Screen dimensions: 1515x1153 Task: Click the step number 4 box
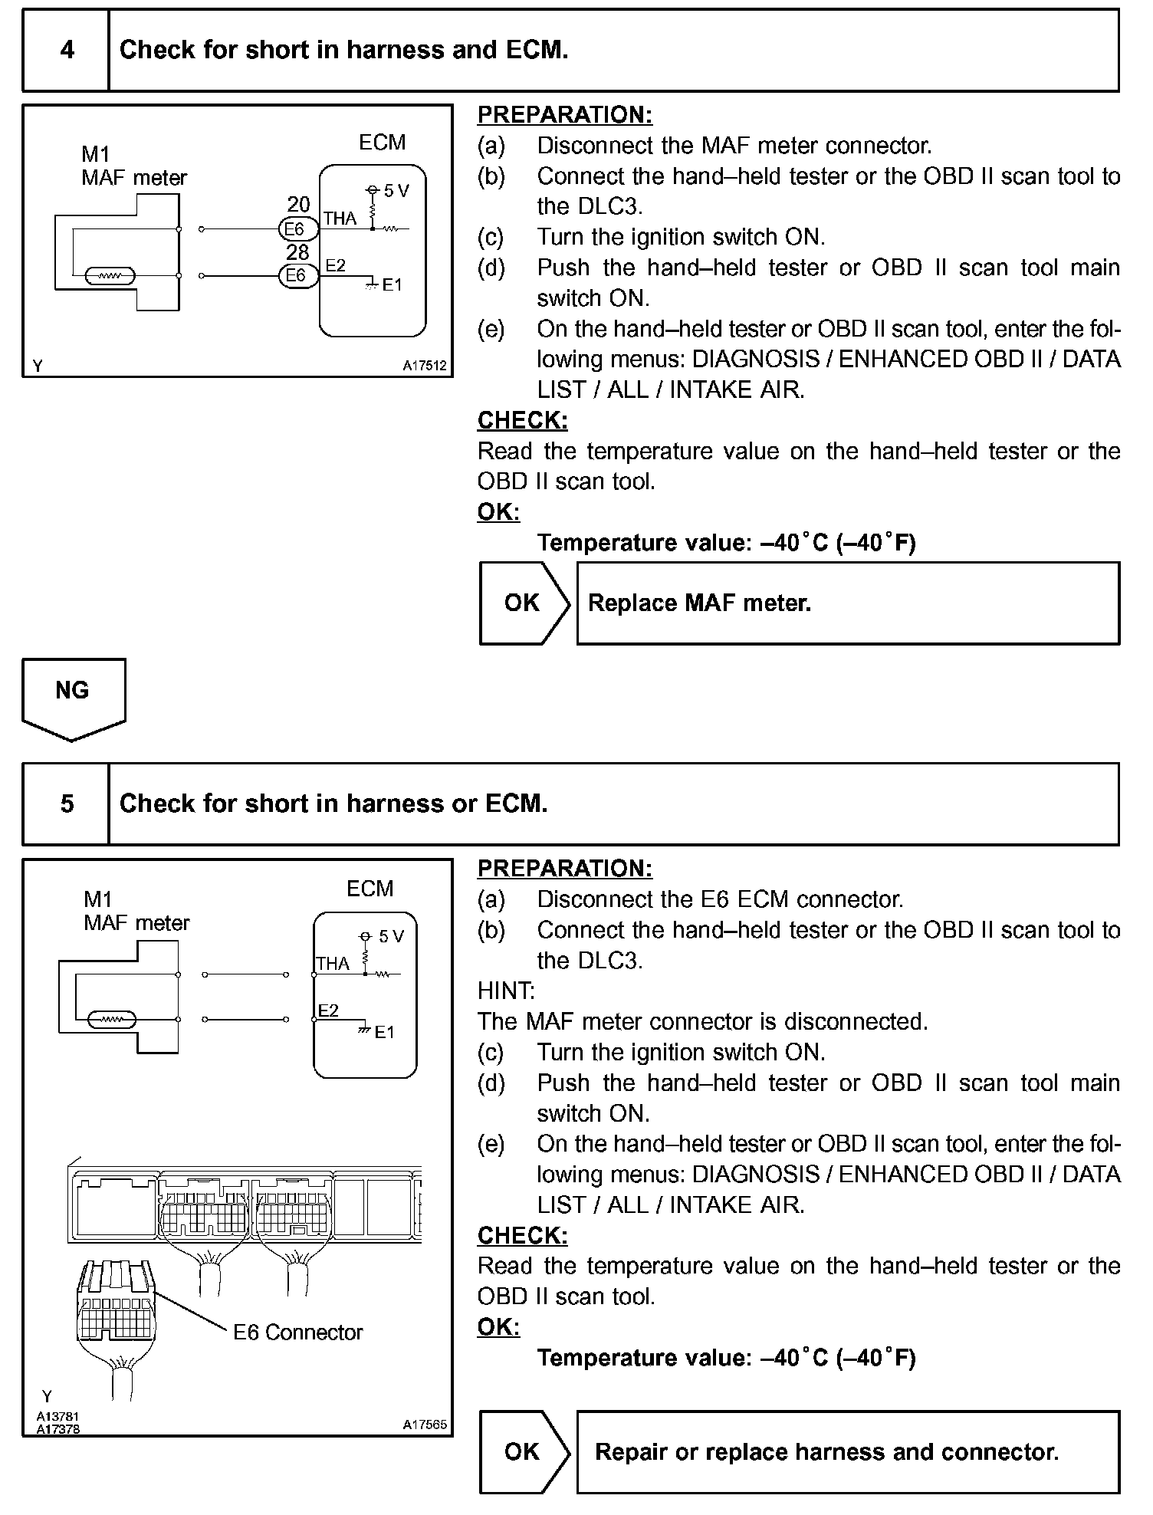tap(67, 51)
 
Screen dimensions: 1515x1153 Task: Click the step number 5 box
tap(67, 804)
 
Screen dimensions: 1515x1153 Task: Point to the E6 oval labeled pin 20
tap(294, 229)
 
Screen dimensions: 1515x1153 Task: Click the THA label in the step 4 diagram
tap(340, 219)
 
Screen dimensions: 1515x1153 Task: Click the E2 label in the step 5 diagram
tap(328, 1011)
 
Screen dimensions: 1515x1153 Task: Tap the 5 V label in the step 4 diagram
tap(396, 190)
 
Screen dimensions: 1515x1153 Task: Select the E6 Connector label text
tap(297, 1333)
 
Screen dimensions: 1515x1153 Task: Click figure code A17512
tap(425, 366)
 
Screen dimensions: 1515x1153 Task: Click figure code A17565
tap(425, 1425)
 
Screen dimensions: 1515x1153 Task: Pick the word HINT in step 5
tap(506, 991)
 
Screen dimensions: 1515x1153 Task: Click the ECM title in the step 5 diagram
tap(370, 889)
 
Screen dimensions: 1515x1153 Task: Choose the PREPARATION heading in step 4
tap(565, 115)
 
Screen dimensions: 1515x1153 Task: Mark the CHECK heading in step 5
tap(523, 1235)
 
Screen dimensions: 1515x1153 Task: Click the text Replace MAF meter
tap(699, 603)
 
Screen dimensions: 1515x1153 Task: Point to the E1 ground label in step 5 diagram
tap(384, 1032)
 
